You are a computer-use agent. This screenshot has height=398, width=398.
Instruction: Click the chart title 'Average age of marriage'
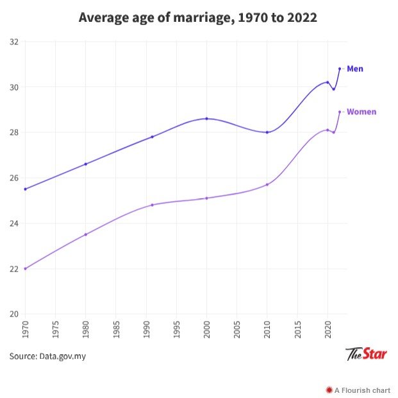click(x=197, y=17)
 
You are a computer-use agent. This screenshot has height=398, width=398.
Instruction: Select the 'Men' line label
click(x=355, y=69)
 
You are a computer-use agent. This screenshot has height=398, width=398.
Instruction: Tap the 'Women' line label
click(x=361, y=112)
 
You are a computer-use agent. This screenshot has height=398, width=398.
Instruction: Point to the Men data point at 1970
click(x=25, y=189)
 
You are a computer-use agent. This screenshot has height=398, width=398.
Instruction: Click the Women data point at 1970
click(x=25, y=268)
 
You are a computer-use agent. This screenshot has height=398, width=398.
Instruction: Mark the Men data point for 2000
click(x=206, y=119)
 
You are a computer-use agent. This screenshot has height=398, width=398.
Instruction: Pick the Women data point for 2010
click(x=267, y=185)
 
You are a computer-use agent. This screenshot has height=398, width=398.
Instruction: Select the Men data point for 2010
click(x=267, y=132)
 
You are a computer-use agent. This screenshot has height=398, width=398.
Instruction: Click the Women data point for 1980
click(x=85, y=234)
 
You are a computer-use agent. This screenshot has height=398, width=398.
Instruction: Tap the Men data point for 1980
click(x=85, y=164)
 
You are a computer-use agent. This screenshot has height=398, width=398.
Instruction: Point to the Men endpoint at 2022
click(x=340, y=69)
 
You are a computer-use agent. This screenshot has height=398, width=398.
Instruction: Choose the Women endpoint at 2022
click(x=340, y=112)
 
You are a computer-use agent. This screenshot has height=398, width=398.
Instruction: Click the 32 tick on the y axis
click(x=13, y=42)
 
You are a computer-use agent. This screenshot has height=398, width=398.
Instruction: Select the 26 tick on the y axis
click(x=13, y=178)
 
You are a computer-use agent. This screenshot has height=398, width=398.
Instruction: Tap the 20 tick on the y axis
click(x=13, y=314)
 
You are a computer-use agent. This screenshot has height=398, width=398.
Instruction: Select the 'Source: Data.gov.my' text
click(x=47, y=356)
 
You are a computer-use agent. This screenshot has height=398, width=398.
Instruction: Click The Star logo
click(x=366, y=354)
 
